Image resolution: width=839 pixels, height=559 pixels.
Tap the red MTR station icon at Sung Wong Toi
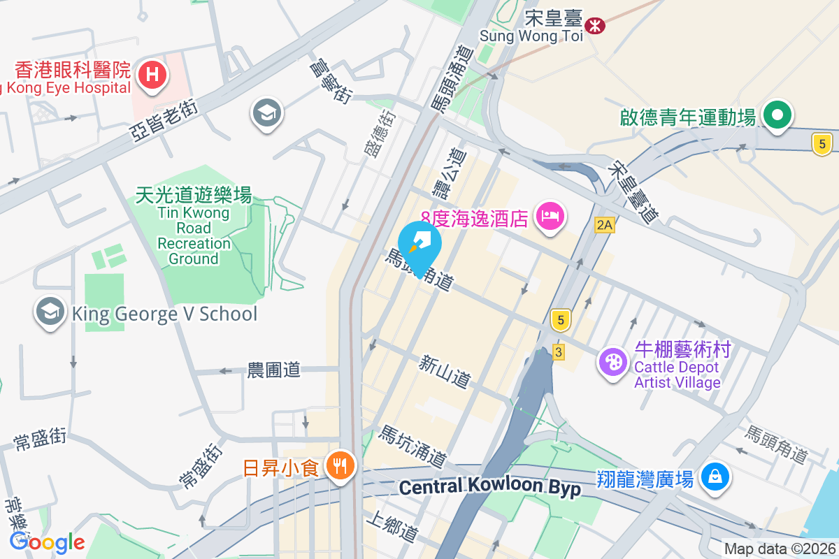pos(596,26)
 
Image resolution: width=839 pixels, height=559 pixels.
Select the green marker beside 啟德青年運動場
pos(777,115)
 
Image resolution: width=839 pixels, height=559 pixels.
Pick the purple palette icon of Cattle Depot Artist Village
pos(613,363)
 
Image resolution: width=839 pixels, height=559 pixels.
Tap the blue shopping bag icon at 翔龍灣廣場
pos(715,477)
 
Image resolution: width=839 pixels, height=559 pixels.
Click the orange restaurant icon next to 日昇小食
pos(340,465)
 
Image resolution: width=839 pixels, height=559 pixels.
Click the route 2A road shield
pos(604,224)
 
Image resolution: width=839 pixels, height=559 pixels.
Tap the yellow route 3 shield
pos(557,352)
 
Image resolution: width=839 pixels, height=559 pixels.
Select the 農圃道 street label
pos(273,370)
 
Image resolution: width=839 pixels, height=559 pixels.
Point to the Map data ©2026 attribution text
pos(780,549)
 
